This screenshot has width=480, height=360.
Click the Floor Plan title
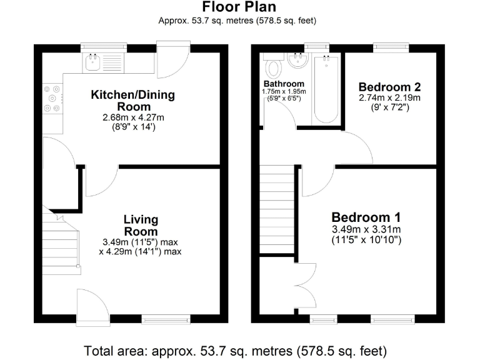pos(239,7)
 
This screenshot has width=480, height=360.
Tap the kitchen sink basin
pos(92,62)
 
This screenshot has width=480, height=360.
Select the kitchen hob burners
pos(52,99)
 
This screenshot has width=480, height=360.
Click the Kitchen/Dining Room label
pos(133,101)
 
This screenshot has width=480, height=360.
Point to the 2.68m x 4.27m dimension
pos(133,117)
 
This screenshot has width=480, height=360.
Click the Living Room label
pos(141,225)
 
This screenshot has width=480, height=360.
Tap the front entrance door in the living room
pos(93,306)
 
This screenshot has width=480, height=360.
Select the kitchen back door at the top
pos(173,60)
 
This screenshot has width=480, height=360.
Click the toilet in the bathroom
pos(273,64)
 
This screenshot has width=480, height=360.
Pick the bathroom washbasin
pos(298,60)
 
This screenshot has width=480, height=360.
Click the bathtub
pos(326,89)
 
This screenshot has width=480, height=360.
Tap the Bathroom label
pos(284,84)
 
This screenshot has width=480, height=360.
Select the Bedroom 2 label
pos(390,87)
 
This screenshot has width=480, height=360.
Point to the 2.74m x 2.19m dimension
pos(390,98)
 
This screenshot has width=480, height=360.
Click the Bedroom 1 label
pos(366,217)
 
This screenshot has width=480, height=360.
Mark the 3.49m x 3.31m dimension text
pos(366,229)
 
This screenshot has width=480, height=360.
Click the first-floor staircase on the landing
pos(277,209)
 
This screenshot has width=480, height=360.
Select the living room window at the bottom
pos(166,319)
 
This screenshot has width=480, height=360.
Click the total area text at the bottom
pos(235,351)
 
